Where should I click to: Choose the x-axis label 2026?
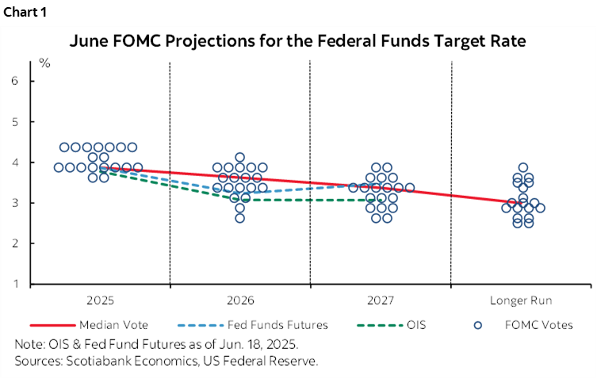(239, 301)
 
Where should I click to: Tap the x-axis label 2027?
(381, 301)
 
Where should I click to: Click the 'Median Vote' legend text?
(113, 324)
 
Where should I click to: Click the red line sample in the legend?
(52, 325)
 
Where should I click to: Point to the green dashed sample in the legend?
(377, 325)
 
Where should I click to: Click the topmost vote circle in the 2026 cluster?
(239, 157)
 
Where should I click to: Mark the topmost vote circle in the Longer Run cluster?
(523, 167)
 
